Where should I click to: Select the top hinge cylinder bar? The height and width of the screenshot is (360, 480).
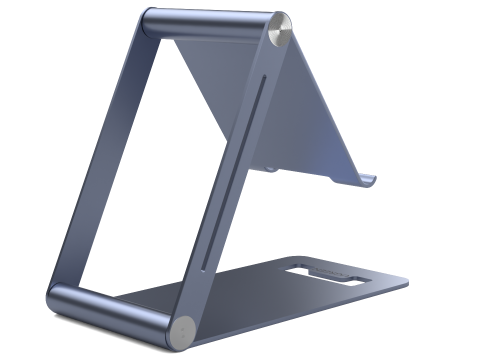pyautogui.click(x=210, y=24)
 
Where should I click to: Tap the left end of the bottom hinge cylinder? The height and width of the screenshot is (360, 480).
pyautogui.click(x=55, y=297)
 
